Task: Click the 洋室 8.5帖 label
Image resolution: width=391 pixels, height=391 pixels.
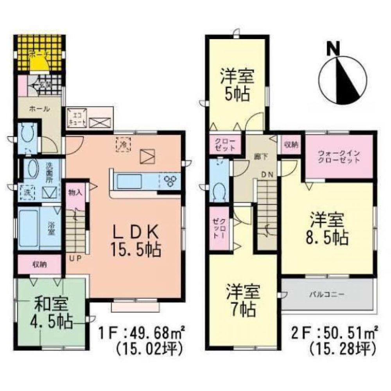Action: coord(328,228)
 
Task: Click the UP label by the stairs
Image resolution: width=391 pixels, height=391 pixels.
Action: coord(75,258)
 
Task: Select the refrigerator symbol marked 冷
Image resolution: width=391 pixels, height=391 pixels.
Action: coord(123,143)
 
